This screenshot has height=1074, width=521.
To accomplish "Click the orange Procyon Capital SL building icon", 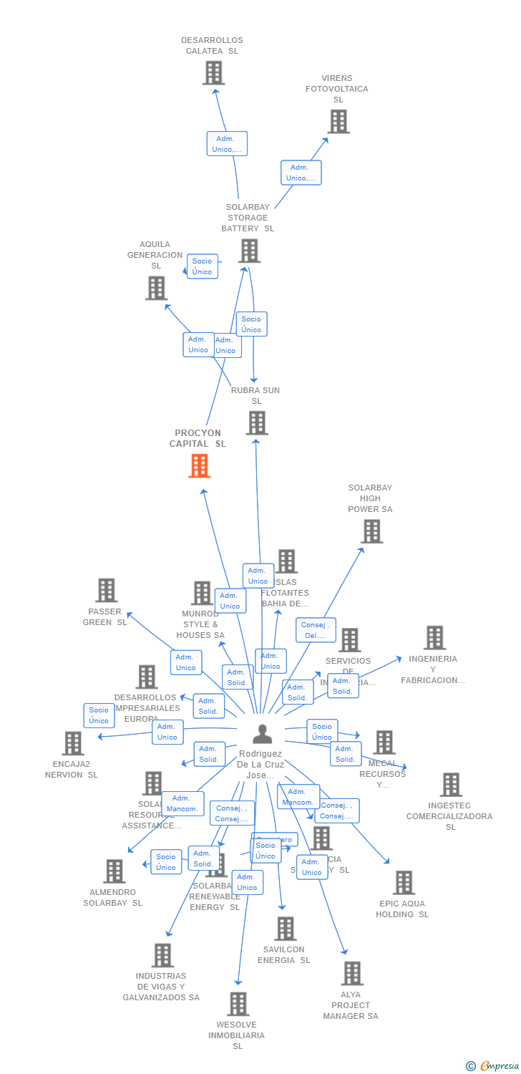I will pos(199,466).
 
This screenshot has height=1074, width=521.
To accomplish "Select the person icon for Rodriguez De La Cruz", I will pos(263,734).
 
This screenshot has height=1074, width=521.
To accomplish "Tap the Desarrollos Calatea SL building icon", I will pos(213,73).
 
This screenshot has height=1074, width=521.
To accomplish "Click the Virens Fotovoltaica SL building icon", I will pos(339,122).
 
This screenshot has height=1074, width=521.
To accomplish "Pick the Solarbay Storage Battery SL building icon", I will pos(249,251).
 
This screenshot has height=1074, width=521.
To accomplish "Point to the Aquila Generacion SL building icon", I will pos(156,288).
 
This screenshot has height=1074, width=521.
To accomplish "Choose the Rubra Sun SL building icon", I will pos(257,422).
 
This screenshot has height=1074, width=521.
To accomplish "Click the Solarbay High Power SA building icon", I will pos(371,531).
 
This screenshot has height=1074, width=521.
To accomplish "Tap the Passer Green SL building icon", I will pos(106,591).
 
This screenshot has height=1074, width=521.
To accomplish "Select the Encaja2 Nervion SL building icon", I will pos(72,743).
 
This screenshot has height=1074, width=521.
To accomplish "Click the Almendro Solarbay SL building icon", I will pos(114,871).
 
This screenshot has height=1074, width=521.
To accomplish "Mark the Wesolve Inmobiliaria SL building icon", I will pos(238,1004).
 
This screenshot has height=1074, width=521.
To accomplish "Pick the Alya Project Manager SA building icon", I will pos(352,974).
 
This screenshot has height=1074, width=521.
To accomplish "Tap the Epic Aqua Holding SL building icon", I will pos(404,883).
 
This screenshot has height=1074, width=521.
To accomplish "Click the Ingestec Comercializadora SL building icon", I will pos(450,785).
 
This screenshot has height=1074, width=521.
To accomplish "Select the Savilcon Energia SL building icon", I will pos(285,929).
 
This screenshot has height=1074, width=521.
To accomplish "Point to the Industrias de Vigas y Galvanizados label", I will pos(161,987).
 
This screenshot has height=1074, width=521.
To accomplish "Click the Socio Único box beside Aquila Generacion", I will pos(203,266).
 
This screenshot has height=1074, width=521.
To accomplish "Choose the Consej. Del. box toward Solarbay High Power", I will pos(316,630).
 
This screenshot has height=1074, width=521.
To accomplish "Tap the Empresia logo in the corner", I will pos(493,1066).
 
